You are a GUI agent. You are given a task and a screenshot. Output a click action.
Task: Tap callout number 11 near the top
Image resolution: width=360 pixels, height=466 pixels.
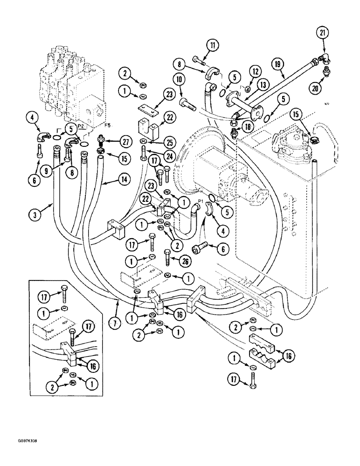pyautogui.click(x=213, y=46)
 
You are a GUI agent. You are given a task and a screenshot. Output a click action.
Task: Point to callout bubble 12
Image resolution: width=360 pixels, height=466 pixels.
pyautogui.click(x=254, y=71)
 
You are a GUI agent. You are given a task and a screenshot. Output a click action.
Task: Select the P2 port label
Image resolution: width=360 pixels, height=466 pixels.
pyautogui.click(x=80, y=126)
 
